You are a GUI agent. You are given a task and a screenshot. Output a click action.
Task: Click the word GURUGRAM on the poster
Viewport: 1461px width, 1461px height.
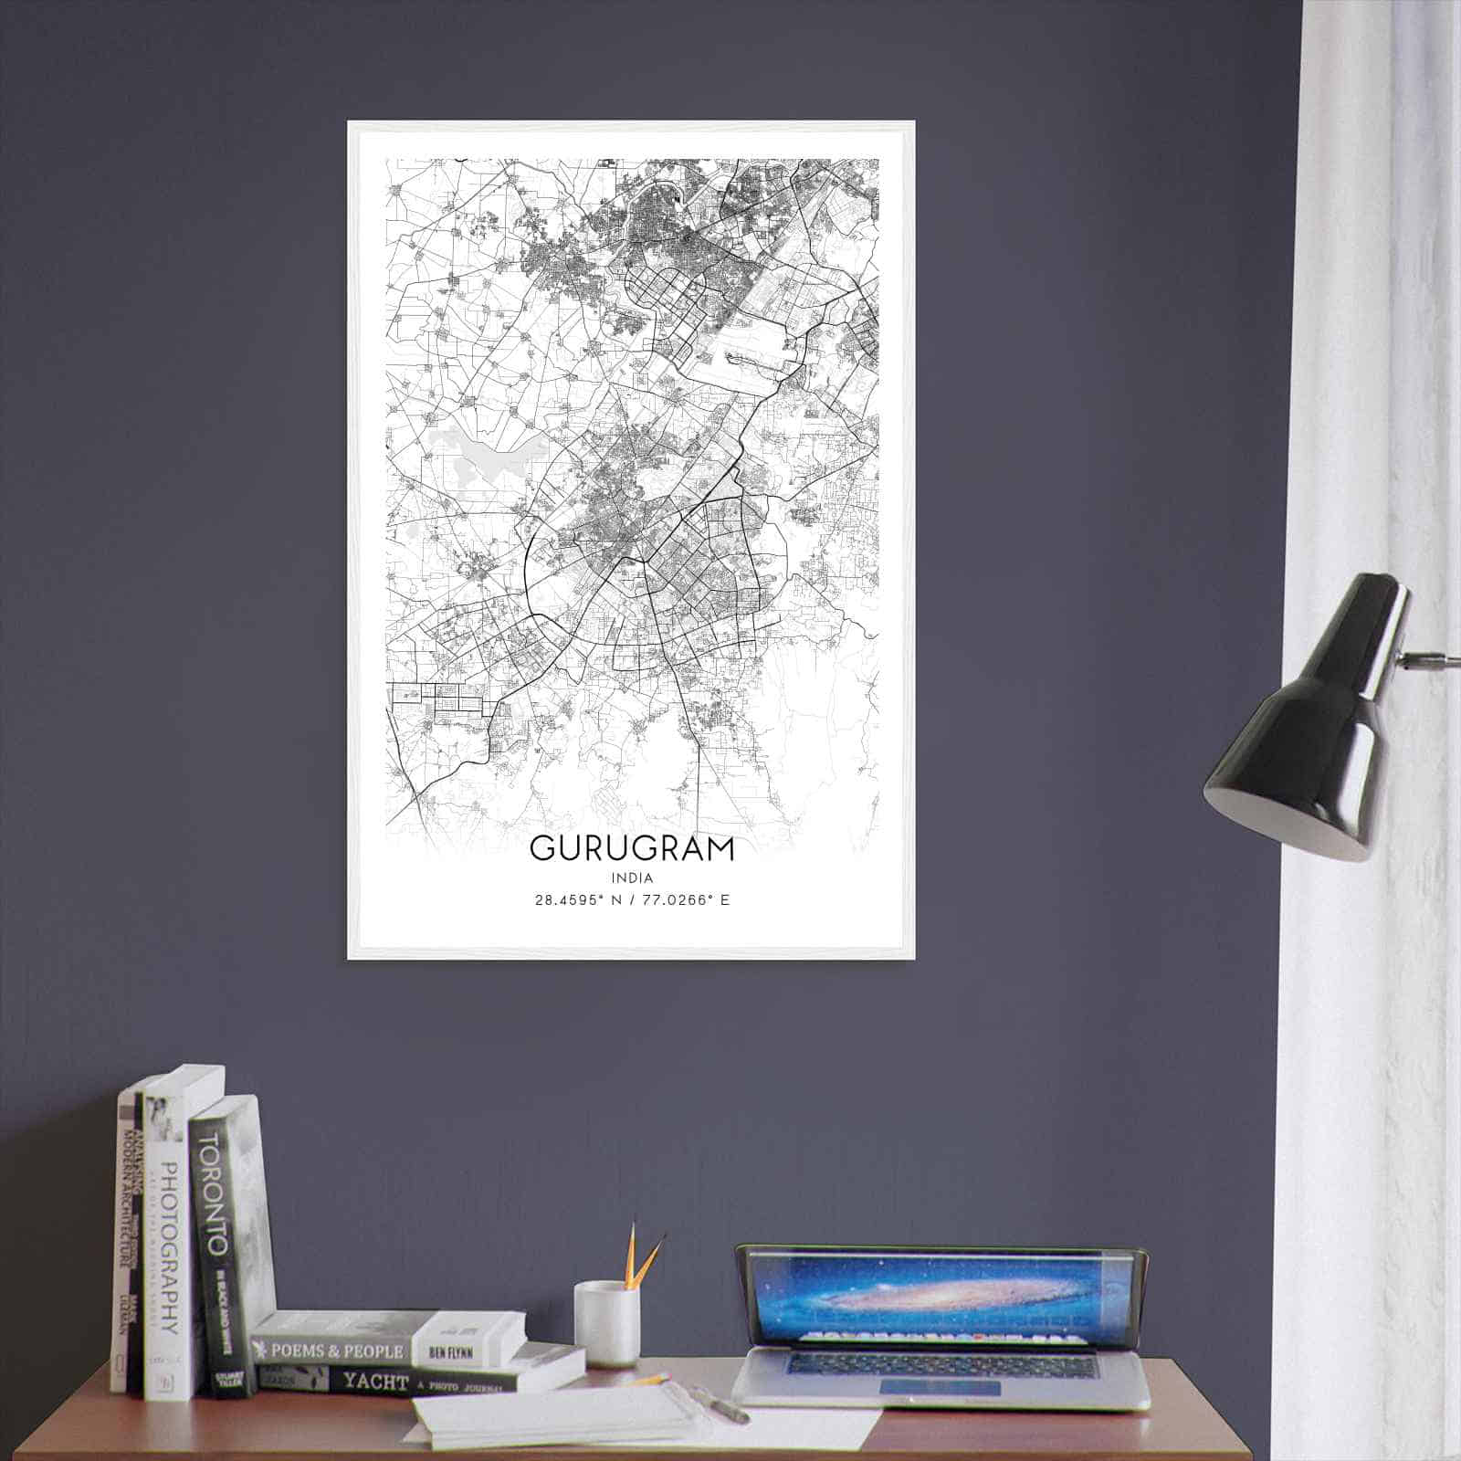pyautogui.click(x=631, y=848)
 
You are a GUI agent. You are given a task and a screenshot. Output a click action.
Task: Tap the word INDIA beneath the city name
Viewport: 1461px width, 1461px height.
pyautogui.click(x=631, y=878)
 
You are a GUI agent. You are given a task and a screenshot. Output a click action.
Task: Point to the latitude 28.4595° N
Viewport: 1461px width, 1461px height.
pyautogui.click(x=576, y=900)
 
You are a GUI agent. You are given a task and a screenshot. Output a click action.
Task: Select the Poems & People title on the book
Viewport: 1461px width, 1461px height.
pyautogui.click(x=331, y=1351)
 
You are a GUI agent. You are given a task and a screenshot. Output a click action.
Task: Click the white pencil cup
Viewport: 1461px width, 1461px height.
pyautogui.click(x=605, y=1324)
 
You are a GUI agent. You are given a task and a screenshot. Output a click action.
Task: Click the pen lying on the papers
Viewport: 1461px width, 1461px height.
pyautogui.click(x=721, y=1404)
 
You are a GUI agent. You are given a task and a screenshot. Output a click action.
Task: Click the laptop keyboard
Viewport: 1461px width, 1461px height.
pyautogui.click(x=941, y=1364)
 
